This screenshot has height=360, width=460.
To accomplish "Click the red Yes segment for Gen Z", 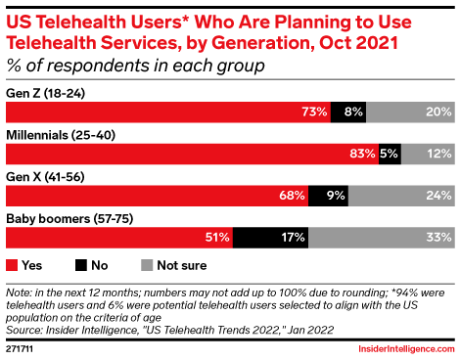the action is pyautogui.click(x=168, y=112).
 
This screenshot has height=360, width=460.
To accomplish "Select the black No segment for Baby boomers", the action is pyautogui.click(x=270, y=238).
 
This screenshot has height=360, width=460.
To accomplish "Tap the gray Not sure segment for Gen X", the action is pyautogui.click(x=401, y=196).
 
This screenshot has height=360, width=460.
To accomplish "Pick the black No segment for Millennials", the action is pyautogui.click(x=390, y=154).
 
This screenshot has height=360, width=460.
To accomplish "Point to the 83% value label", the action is pyautogui.click(x=362, y=154).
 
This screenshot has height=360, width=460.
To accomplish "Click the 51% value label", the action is pyautogui.click(x=217, y=237).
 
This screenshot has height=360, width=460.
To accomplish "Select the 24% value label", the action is pyautogui.click(x=438, y=196).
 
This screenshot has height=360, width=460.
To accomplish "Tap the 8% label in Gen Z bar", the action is pyautogui.click(x=353, y=112).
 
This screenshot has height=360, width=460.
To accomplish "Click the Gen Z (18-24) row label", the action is pyautogui.click(x=45, y=94).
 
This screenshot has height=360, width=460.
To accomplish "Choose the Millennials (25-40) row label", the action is pyautogui.click(x=61, y=135).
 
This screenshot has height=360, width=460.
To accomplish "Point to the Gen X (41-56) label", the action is pyautogui.click(x=45, y=177).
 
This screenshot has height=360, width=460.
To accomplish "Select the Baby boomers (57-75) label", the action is pyautogui.click(x=69, y=218).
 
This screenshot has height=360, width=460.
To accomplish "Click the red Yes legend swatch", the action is pyautogui.click(x=12, y=265).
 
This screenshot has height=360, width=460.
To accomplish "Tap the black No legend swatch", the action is pyautogui.click(x=81, y=265).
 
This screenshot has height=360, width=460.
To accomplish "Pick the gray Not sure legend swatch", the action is pyautogui.click(x=147, y=265).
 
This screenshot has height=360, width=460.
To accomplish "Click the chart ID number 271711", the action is pyautogui.click(x=20, y=349).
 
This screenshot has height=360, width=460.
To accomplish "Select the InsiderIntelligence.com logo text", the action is pyautogui.click(x=406, y=349).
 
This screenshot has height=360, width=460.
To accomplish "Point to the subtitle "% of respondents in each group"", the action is pyautogui.click(x=135, y=66).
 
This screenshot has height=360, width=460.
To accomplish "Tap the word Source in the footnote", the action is pyautogui.click(x=24, y=330).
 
